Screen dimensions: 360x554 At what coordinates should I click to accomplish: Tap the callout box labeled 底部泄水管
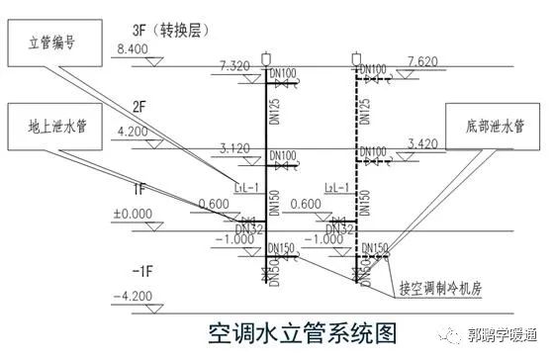pos(491,126)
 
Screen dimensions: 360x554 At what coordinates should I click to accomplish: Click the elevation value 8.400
pos(132,48)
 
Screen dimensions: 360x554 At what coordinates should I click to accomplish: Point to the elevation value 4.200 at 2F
pos(132,131)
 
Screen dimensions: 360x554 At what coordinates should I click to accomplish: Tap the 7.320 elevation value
pos(235,65)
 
